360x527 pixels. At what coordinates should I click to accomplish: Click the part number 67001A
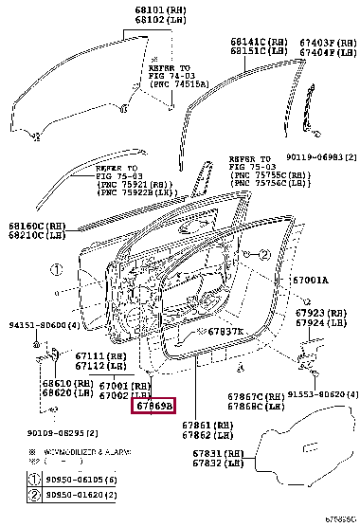309,281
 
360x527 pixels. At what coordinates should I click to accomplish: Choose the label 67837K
225,331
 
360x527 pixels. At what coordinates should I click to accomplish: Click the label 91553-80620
322,394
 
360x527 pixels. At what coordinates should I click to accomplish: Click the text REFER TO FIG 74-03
172,74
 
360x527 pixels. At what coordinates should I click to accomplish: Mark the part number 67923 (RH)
322,313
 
